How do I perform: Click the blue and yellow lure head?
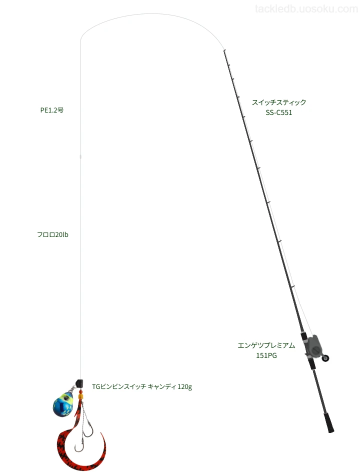tap(62, 404)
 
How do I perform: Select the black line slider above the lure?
tap(79, 383)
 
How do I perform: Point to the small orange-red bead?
tap(80, 391)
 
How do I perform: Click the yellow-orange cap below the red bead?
tap(80, 396)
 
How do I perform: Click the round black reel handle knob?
tap(326, 358)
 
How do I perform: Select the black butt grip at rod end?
tap(329, 422)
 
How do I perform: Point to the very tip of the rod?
tap(224, 50)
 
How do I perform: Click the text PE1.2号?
tap(52, 110)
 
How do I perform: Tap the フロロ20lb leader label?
tap(52, 235)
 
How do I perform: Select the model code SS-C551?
tap(279, 112)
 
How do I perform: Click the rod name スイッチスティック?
tap(279, 102)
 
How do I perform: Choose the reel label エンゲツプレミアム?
tap(266, 345)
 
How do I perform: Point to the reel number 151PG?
tap(266, 355)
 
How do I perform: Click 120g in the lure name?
tap(185, 387)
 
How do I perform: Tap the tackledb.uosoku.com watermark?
tap(306, 9)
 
